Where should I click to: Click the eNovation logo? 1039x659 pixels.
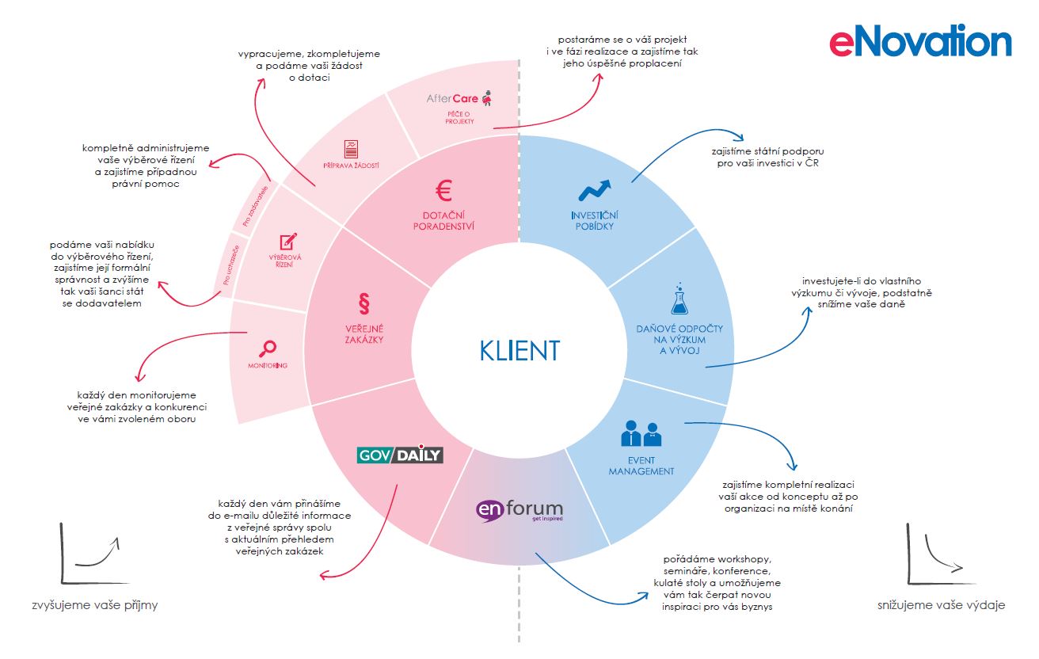(920, 41)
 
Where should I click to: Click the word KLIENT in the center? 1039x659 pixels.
(519, 350)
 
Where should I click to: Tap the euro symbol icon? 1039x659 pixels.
(443, 192)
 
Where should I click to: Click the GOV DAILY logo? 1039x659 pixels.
(400, 455)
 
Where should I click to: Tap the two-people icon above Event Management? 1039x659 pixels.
(641, 434)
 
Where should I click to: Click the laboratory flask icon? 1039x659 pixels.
(679, 299)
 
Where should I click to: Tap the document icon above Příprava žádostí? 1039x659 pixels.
(351, 148)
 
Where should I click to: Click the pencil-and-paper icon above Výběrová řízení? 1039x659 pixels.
(288, 240)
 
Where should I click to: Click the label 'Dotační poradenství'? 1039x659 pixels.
(443, 220)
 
